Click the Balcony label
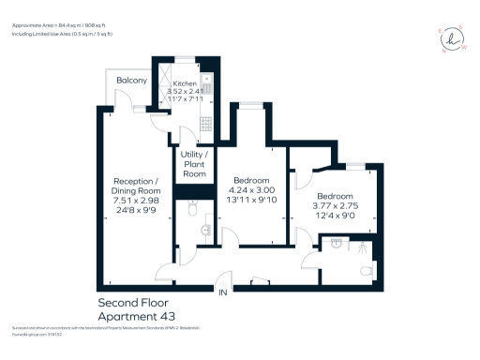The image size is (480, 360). point(131,81)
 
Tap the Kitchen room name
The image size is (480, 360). point(185,83)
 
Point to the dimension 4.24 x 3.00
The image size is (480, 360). point(252,188)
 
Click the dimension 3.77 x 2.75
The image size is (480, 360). point(335,204)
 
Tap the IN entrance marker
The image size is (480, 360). point(223,293)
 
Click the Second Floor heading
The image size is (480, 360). point(136,303)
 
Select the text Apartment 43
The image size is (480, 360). point(136,316)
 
